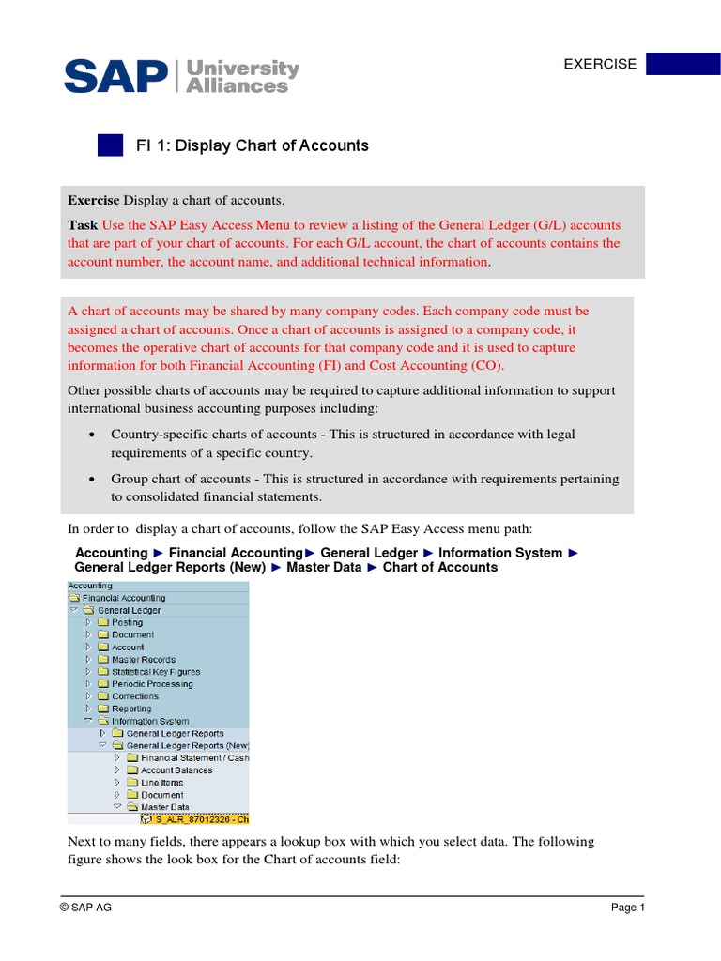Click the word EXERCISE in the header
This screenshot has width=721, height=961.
(599, 65)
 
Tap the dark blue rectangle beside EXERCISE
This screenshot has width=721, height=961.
(683, 64)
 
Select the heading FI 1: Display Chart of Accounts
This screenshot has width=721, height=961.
(252, 145)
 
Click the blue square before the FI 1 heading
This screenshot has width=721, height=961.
(110, 145)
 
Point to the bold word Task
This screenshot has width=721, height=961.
(83, 225)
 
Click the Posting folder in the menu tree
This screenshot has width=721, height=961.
(127, 622)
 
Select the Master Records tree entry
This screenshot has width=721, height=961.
(143, 660)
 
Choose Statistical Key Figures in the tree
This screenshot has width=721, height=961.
(155, 672)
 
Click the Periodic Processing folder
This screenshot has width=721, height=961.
(152, 684)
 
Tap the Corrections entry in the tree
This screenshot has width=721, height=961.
(135, 696)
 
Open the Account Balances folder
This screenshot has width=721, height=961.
(176, 770)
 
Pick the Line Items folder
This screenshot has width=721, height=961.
(161, 783)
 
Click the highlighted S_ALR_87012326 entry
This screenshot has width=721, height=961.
(193, 819)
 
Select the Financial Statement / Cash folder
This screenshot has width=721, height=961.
(193, 758)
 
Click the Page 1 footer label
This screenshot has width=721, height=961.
(628, 908)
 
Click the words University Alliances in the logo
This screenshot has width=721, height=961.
(243, 77)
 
